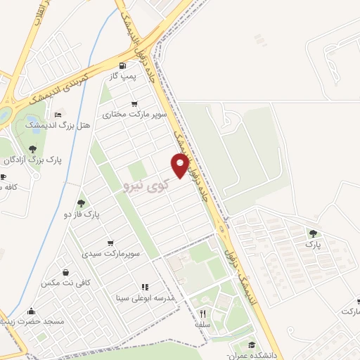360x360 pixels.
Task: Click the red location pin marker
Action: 181,166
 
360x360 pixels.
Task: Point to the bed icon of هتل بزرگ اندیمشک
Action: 58,114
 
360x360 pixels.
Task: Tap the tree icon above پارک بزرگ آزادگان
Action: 32,149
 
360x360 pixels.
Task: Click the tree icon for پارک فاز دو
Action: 81,202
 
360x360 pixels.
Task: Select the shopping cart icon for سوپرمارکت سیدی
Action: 110,243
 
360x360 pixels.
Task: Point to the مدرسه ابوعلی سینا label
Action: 150,297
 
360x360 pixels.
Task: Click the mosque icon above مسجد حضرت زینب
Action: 31,311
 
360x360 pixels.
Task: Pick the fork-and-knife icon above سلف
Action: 203,314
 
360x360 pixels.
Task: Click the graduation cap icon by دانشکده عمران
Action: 252,344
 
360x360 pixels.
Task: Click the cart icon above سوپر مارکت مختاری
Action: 144,103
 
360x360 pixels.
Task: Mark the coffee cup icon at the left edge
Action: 4,176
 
